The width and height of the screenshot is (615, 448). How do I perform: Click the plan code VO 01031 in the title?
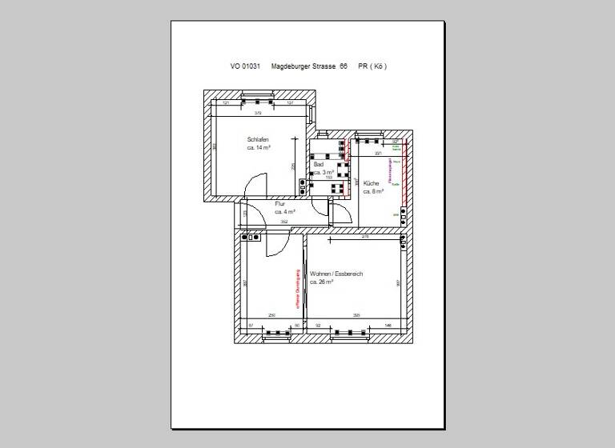(x=245, y=66)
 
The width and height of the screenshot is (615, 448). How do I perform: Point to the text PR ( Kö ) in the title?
(x=373, y=66)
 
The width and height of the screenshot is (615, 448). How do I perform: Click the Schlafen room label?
(x=257, y=139)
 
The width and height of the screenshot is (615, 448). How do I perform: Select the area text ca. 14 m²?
(x=259, y=148)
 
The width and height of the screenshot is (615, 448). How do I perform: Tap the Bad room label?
(x=318, y=164)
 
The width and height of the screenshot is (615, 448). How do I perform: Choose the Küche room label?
(x=372, y=183)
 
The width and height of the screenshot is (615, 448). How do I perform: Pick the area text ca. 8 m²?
(x=374, y=192)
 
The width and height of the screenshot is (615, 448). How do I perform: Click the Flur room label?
(x=279, y=204)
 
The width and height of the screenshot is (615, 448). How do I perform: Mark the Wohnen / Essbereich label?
(x=336, y=274)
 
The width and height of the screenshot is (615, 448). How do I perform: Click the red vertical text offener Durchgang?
(x=297, y=288)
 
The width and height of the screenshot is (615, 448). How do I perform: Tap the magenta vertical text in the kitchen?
(x=390, y=171)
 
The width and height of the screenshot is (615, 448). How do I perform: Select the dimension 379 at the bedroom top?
(x=258, y=113)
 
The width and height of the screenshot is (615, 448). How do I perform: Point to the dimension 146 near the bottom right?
(x=388, y=325)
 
